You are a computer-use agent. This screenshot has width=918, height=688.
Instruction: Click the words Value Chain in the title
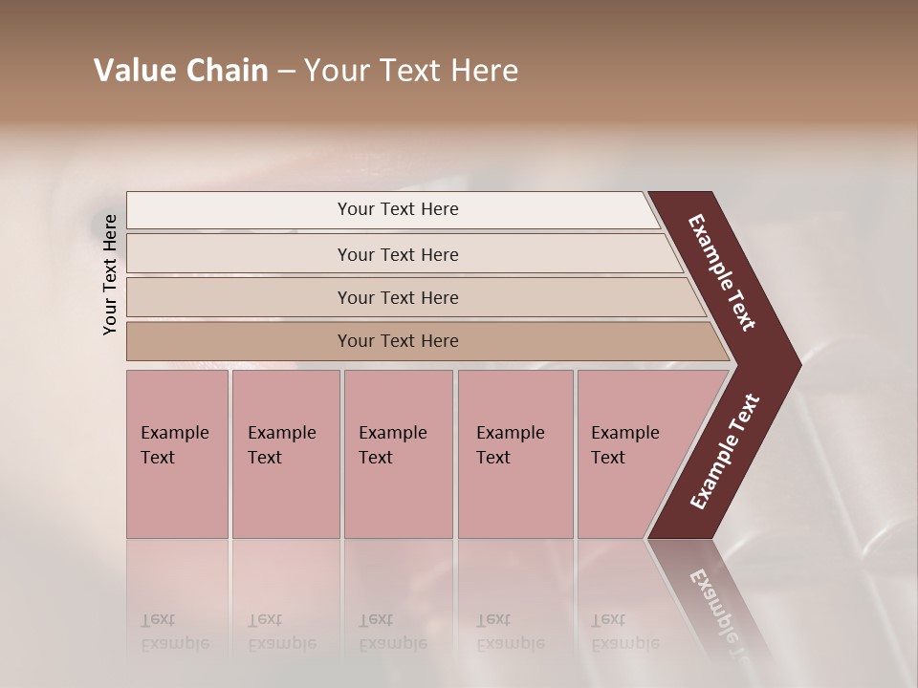181,71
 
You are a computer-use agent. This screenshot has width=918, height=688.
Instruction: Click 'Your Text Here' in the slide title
411,71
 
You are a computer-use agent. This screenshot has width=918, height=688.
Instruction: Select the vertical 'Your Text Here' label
110,274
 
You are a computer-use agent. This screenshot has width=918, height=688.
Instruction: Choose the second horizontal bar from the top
397,254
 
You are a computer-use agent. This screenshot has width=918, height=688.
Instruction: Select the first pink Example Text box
177,454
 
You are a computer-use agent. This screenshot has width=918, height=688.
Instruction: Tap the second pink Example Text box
285,454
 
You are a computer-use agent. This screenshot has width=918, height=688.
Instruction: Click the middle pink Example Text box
398,454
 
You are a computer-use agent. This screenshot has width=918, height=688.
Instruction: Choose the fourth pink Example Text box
514,454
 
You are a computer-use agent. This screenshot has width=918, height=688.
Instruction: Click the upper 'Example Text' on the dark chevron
723,272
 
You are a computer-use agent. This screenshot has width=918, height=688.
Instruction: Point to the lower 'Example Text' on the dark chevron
725,452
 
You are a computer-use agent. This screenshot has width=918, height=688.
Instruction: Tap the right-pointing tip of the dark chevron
794,364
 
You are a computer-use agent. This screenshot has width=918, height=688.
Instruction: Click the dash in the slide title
286,72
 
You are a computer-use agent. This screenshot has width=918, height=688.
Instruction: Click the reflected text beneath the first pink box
174,632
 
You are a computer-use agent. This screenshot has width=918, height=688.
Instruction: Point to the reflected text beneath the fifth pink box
624,632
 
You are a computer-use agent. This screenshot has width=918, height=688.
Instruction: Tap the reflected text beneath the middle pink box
392,632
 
